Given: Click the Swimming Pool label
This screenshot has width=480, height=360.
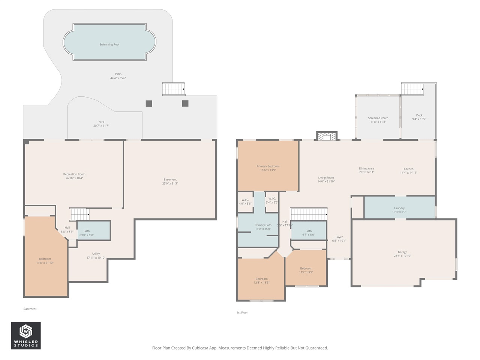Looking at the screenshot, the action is point(109,45).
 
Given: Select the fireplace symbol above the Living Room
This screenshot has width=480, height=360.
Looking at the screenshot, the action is point(327,136).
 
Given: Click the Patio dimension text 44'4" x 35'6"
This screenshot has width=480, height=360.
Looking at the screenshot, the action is point(118,78).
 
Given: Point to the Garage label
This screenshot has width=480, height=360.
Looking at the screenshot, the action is point(402,252).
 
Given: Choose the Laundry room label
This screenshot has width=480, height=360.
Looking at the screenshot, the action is point(399,208).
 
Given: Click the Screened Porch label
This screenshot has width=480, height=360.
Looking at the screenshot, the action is point(378,118).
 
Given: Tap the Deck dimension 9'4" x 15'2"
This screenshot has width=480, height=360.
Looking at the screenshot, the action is point(419,119).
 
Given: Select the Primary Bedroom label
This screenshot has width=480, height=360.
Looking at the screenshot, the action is point(268,166).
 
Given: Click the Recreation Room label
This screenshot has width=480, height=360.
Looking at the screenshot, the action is point(74,174).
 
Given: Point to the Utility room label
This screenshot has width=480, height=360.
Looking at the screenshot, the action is point(96,253).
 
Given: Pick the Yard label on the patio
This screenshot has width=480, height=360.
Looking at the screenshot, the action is point(101,122).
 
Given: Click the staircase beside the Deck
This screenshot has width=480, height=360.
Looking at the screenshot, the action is point(412,89).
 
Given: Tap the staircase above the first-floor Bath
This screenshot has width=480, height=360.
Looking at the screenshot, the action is point(309,214).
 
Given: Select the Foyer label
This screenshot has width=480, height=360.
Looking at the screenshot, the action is point(339,237).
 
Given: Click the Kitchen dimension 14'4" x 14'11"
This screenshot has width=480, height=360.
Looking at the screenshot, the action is point(408,172).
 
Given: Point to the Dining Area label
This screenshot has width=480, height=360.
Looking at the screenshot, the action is point(366,168).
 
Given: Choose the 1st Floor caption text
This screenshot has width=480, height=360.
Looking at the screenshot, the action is point(242,313).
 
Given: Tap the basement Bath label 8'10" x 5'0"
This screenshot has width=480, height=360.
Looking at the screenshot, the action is point(87,235).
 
